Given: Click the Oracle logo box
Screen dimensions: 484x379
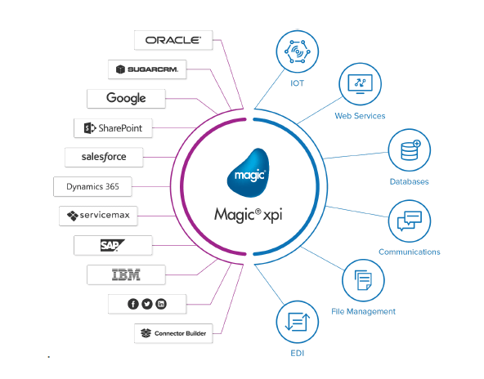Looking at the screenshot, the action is [173, 40].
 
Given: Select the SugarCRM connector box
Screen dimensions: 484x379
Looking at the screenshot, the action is [147, 69].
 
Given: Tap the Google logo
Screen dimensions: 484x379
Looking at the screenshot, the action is [126, 98].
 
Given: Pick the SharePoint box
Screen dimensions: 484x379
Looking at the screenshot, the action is [113, 128].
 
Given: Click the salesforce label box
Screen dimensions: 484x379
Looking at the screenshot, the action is [104, 157].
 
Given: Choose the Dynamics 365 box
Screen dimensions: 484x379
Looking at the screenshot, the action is [92, 186].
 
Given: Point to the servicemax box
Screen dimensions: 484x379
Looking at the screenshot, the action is [98, 216].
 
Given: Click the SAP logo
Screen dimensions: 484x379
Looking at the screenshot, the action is [112, 246].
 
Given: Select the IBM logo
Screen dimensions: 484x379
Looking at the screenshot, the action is [126, 274].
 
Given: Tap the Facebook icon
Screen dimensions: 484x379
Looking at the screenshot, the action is [133, 304].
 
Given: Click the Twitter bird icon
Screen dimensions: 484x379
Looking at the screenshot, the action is [147, 304].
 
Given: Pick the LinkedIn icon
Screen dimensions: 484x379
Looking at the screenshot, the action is [161, 304].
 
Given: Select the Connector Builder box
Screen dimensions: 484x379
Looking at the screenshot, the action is [173, 333].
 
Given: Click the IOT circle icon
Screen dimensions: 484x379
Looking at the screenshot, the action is [298, 51].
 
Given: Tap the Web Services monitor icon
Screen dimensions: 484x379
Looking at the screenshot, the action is [361, 83].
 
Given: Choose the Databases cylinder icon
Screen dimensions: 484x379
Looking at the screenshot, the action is [410, 150].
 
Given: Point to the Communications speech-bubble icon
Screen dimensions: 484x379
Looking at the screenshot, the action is [410, 221].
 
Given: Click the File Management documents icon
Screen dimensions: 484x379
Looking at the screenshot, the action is [363, 280].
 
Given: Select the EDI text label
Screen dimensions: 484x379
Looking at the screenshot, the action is [298, 353].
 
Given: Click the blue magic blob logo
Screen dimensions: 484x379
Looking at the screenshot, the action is [248, 173].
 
